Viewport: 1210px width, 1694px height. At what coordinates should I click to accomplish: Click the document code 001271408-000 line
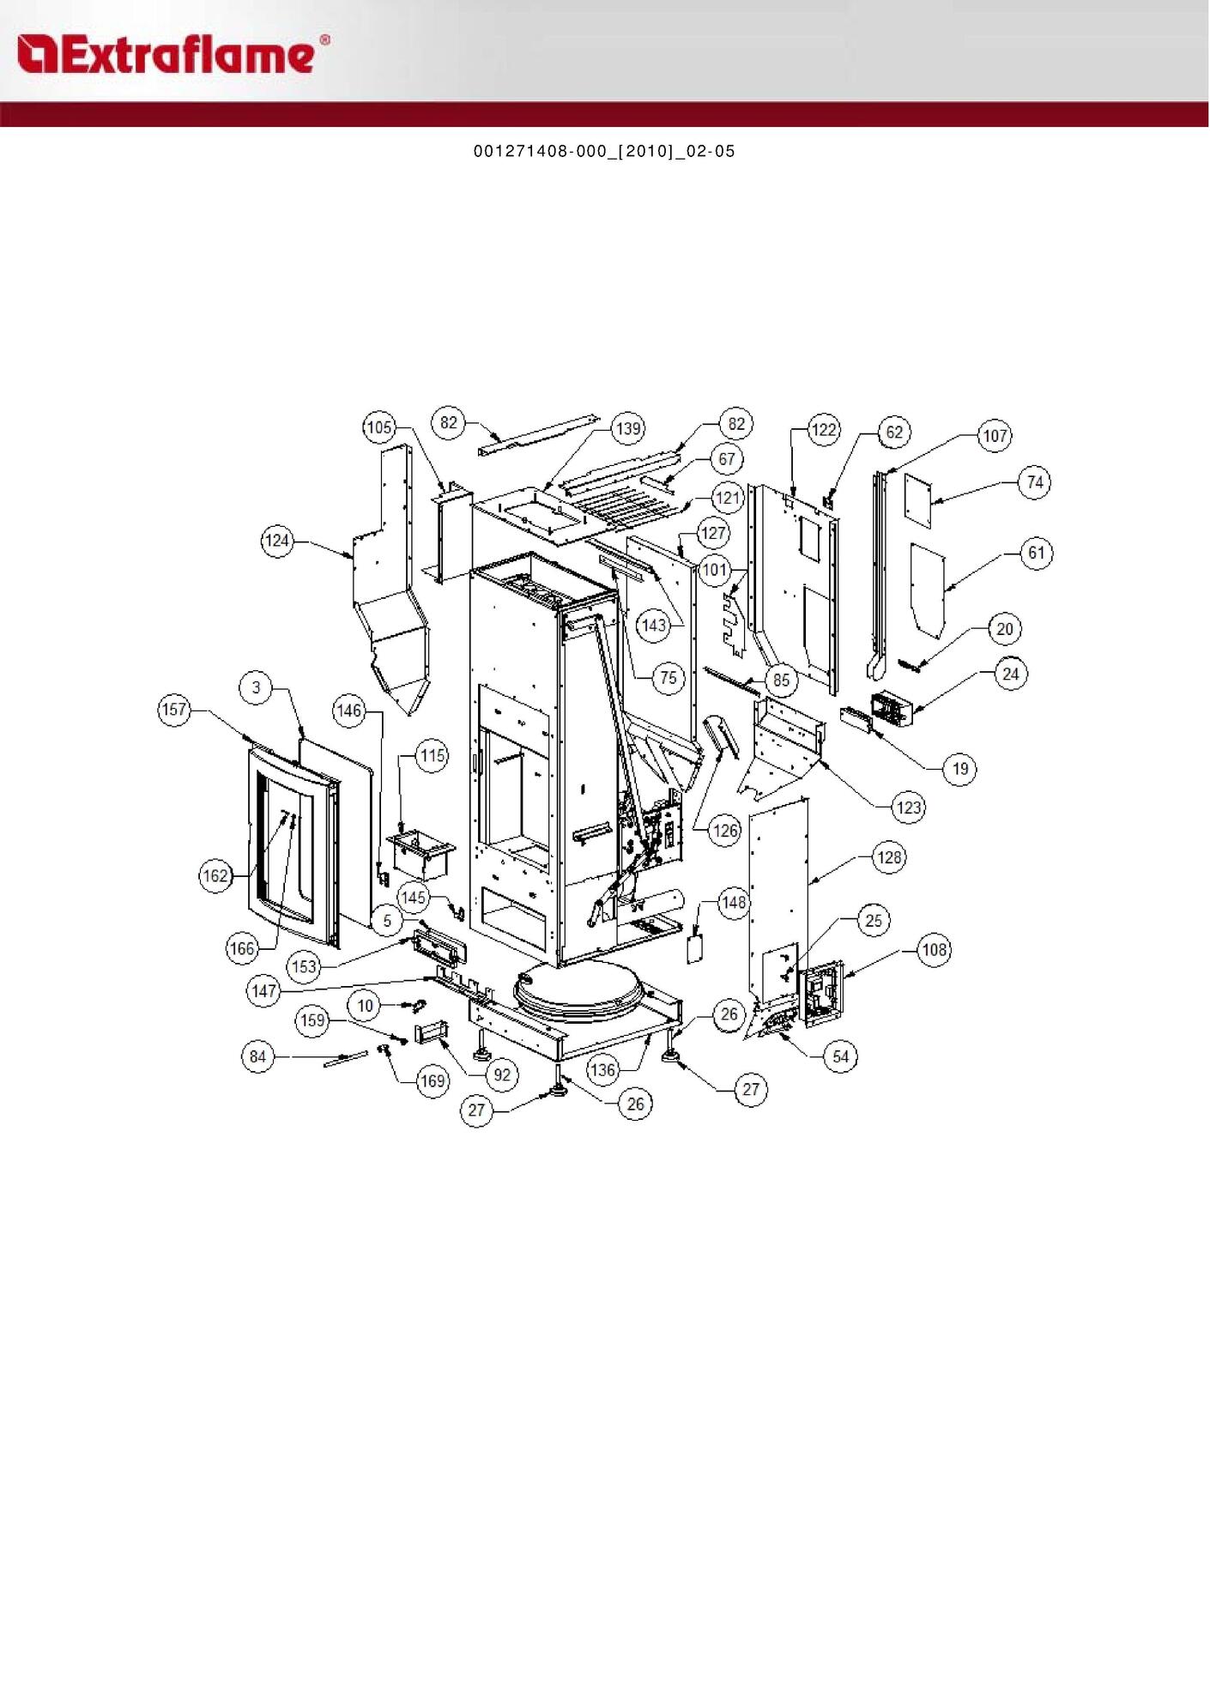coord(604,151)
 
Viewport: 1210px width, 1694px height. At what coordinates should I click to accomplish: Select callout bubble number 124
coord(277,541)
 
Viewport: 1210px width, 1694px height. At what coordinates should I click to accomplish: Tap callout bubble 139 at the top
coord(628,428)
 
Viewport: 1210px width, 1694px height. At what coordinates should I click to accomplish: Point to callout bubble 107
coord(995,436)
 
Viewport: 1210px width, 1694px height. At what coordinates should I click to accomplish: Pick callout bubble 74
coord(1035,482)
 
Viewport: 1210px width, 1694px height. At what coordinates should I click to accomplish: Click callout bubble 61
coord(1037,553)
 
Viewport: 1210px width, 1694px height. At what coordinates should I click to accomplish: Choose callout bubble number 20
coord(1004,629)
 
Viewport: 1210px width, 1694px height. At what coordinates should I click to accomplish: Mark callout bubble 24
coord(1010,675)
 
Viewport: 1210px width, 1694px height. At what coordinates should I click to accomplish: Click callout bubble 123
coord(908,808)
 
